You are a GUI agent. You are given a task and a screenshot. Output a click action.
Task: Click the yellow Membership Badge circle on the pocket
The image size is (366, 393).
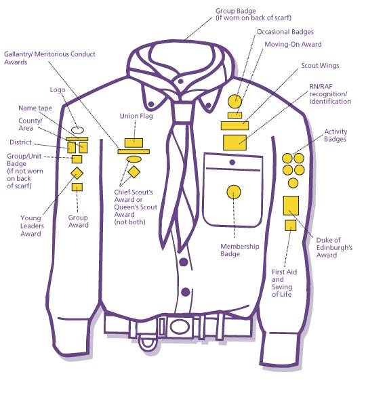click(234, 192)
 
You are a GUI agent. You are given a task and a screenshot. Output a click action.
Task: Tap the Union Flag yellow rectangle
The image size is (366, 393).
click(134, 143)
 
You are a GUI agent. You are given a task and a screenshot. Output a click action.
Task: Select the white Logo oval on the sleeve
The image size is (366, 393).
click(77, 130)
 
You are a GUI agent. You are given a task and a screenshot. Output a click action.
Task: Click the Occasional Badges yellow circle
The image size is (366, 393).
click(235, 101)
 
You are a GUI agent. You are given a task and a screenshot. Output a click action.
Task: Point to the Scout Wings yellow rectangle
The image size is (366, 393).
click(235, 125)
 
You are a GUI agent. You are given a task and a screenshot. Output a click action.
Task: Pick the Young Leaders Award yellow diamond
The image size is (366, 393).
click(77, 173)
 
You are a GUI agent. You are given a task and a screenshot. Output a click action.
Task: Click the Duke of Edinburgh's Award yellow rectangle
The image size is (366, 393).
click(291, 205)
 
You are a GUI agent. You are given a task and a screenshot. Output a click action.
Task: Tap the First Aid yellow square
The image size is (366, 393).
click(291, 226)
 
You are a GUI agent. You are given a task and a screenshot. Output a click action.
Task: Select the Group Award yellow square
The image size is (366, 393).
click(77, 187)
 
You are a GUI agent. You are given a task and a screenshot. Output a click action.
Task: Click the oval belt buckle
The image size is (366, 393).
click(180, 327)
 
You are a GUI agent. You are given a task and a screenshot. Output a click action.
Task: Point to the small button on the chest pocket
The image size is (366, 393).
click(232, 162)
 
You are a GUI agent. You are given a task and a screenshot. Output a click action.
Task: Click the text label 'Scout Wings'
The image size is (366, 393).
click(320, 66)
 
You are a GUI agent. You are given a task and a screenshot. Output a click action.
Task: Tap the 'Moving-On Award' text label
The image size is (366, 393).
click(293, 44)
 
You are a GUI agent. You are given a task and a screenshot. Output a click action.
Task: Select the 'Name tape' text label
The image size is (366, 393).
click(35, 108)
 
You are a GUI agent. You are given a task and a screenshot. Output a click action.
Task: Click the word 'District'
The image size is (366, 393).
click(20, 142)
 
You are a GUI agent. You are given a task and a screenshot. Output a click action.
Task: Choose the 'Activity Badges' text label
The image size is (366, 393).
click(335, 135)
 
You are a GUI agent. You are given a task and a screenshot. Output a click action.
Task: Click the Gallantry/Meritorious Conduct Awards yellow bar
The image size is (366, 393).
click(134, 151)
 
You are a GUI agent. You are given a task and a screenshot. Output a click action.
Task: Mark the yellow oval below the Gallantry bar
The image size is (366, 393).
click(134, 159)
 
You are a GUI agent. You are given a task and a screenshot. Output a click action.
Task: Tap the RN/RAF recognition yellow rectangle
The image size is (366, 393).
click(235, 142)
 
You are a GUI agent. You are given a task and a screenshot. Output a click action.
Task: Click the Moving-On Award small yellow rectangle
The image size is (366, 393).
click(235, 115)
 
